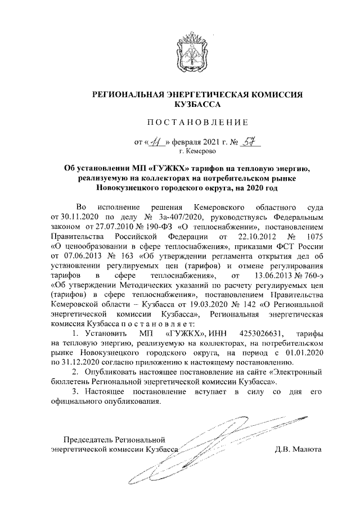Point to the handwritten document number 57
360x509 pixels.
click(245, 141)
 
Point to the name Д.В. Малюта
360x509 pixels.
click(298, 451)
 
